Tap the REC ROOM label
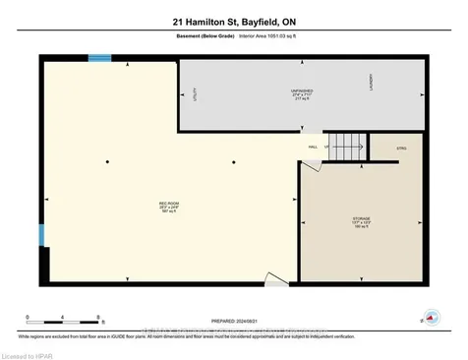tap(169, 206)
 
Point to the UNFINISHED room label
tap(301, 92)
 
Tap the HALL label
tap(312, 147)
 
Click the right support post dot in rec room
tap(234, 161)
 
